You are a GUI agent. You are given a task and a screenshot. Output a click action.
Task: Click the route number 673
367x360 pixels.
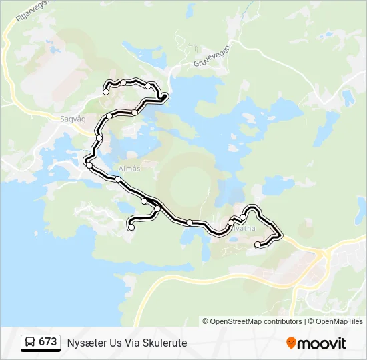point(47,341)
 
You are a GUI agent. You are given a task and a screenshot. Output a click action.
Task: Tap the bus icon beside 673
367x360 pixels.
point(30,342)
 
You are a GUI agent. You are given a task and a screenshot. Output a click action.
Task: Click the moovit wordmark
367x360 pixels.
point(322,343)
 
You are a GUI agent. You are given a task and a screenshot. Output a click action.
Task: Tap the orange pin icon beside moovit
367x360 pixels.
point(292,343)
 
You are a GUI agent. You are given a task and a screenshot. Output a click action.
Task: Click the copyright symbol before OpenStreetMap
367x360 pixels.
point(206,321)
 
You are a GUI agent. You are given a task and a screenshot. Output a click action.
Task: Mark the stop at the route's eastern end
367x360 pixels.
point(258,245)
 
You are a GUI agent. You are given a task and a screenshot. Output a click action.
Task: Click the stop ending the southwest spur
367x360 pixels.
point(131,228)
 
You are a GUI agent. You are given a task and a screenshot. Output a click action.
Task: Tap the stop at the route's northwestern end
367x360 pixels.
point(105,92)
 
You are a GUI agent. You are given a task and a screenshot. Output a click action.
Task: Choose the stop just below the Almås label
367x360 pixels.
point(118,179)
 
